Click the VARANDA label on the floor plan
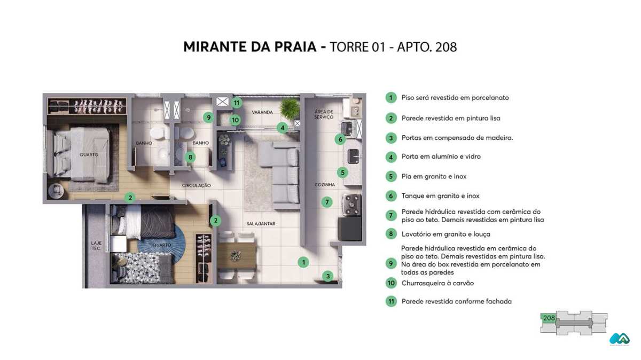pyautogui.click(x=262, y=112)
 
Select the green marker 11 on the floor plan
pyautogui.click(x=237, y=102)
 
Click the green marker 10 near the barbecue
pyautogui.click(x=235, y=120)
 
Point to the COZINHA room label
pyautogui.click(x=325, y=185)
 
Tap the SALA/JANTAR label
pyautogui.click(x=261, y=224)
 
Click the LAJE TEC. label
pyautogui.click(x=96, y=246)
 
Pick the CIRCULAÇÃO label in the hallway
pyautogui.click(x=196, y=186)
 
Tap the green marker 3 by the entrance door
pyautogui.click(x=328, y=276)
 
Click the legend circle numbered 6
pyautogui.click(x=391, y=196)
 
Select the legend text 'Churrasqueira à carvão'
pyautogui.click(x=437, y=283)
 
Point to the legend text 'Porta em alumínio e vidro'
pyautogui.click(x=441, y=156)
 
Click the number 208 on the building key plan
pyautogui.click(x=549, y=318)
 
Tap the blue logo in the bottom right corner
pyautogui.click(x=619, y=339)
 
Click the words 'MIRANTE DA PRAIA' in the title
pyautogui.click(x=250, y=47)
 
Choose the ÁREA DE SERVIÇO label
pyautogui.click(x=324, y=114)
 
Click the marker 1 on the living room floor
pyautogui.click(x=303, y=262)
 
